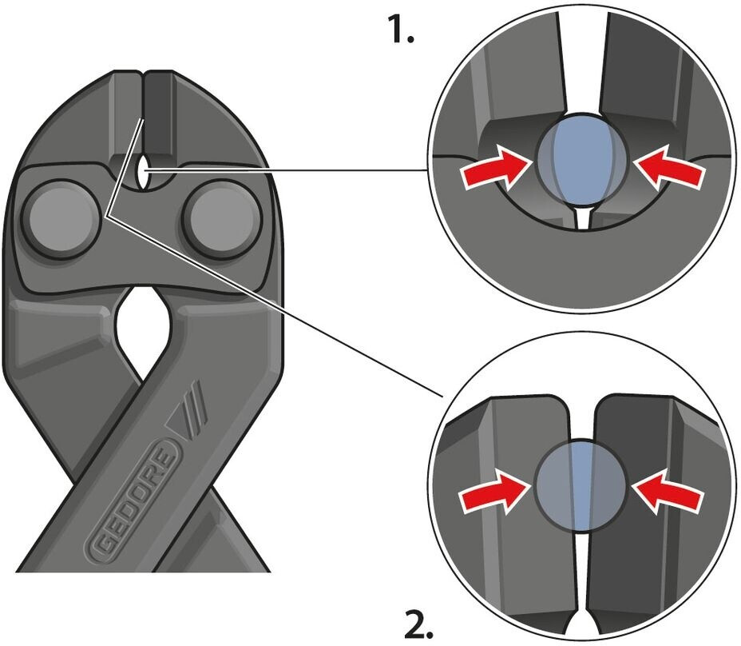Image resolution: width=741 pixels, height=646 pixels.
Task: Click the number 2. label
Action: click(x=418, y=623)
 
